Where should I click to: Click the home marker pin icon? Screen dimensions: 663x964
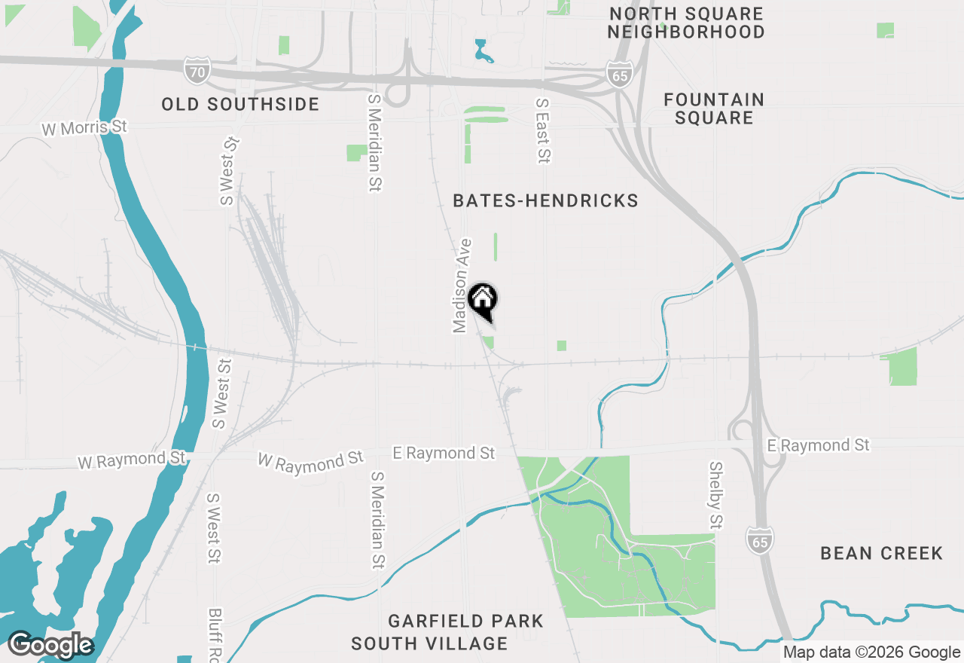point(482,299)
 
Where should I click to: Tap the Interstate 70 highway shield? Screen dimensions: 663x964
point(195,72)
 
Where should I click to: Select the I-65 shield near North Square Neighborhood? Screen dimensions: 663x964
point(618,75)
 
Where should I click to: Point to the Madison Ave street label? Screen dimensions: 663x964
point(462,286)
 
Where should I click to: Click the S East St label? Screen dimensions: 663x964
point(542,130)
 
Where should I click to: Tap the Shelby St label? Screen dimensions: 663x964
point(715,495)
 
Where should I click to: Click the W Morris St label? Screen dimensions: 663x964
point(84,127)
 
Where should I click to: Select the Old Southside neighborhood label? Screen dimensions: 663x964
point(240,104)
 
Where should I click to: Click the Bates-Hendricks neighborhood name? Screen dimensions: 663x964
point(545,200)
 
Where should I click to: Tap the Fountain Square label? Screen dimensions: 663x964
point(714,108)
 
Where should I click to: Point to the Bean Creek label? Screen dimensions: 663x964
point(881,554)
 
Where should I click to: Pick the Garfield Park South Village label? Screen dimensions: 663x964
point(452,632)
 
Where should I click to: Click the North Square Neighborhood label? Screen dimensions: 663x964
point(686,23)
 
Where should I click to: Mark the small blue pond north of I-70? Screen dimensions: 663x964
point(483,51)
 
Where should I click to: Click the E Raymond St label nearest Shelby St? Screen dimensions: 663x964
point(818,445)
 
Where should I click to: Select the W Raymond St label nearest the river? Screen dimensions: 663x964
point(132,460)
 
